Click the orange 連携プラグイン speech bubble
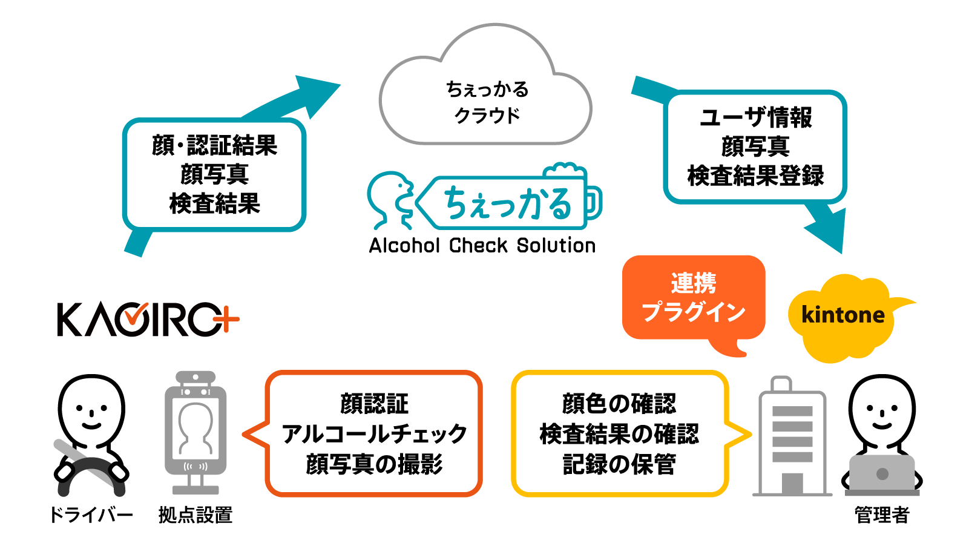[694, 298]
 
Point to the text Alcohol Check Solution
[482, 246]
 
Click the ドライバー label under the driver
[91, 515]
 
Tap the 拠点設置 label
[195, 515]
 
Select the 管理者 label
[882, 515]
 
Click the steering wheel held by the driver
[91, 472]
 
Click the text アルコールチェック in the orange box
[374, 434]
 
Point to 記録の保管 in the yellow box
[619, 464]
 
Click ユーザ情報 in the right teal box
[755, 117]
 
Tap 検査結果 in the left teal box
[215, 203]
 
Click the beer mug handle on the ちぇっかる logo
[594, 203]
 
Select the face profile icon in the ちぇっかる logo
[390, 200]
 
